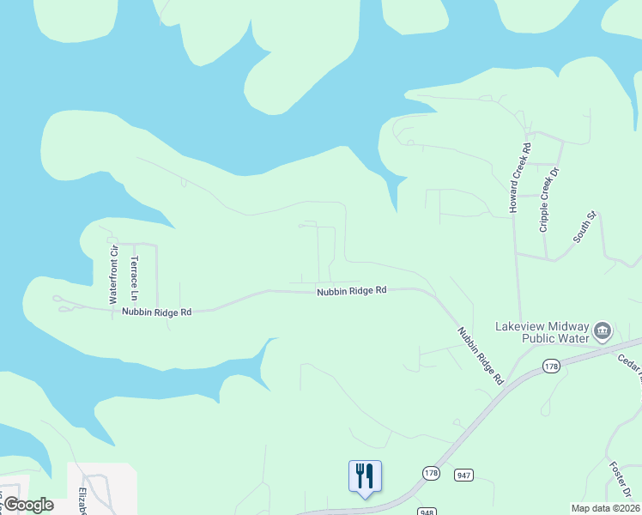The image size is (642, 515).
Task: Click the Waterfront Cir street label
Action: pos(112,275)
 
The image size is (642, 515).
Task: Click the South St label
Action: pos(584,226)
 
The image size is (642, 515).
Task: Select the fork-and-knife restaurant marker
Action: pos(365,475)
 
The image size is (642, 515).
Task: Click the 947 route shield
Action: pos(464,475)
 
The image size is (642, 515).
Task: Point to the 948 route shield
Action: pos(427,512)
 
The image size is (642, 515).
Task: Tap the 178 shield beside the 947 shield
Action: pos(431,473)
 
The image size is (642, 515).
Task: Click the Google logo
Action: pos(28,505)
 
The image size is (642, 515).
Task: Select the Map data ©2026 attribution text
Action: pos(605,508)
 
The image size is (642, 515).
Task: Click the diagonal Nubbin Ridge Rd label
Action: pos(480,354)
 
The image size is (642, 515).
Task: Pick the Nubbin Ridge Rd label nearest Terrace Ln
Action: pos(156,312)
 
